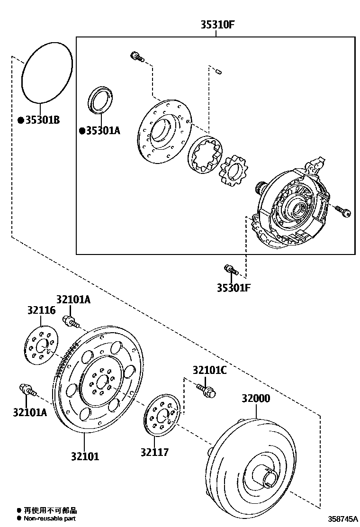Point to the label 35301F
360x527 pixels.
tap(234, 287)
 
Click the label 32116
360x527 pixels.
tap(41, 310)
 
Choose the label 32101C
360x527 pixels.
tap(209, 370)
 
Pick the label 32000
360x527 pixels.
tap(255, 399)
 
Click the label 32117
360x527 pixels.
tap(154, 452)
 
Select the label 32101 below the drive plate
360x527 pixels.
tap(85, 456)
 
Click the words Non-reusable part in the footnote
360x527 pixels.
tap(50, 519)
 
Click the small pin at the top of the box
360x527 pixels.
tap(218, 72)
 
